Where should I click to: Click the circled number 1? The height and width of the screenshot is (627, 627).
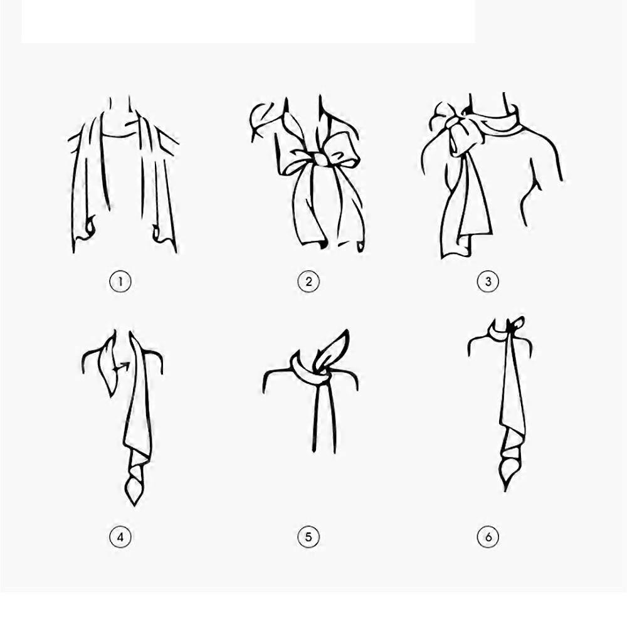point(120,282)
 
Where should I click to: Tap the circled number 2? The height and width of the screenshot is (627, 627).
point(308,282)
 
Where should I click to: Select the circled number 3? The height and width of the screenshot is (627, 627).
point(488,282)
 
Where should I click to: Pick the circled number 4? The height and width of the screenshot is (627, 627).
point(120,537)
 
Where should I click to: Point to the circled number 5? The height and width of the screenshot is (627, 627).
point(308,537)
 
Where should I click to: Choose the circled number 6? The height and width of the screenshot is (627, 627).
point(488,537)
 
